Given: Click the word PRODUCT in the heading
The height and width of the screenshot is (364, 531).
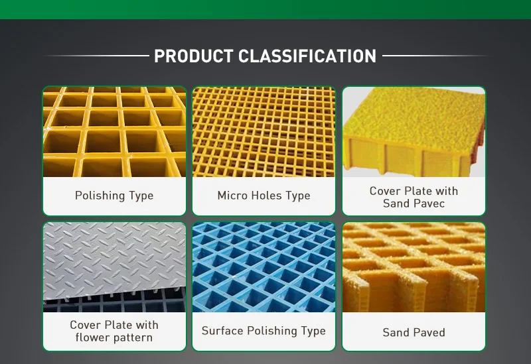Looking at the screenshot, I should coord(193,56).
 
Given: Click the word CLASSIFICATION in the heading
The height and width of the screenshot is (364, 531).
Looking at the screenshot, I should coord(307,56).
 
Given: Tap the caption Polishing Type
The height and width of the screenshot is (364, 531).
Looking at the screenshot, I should coord(114,196).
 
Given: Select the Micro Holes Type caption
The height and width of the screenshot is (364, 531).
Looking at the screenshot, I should coord(264,196).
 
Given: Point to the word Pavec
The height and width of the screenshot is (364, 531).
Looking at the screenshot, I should coord(427,204).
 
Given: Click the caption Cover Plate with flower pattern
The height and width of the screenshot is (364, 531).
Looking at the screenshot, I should coord(114,331).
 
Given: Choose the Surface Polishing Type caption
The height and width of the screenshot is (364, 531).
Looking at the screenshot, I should coord(264,331).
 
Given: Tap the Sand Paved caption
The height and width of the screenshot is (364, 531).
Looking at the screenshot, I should coord(414,332).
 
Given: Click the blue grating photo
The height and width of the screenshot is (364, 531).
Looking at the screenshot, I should coord(264,267).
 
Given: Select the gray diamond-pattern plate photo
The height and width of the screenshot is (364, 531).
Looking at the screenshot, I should coord(114,267).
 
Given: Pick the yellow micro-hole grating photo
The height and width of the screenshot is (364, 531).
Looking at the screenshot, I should coord(264,132).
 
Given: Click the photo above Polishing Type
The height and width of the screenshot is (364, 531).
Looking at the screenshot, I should coord(114,132).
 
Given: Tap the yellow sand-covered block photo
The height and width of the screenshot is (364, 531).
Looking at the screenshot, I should coord(414,132).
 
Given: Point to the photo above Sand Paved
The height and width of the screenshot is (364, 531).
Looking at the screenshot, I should coord(414,267).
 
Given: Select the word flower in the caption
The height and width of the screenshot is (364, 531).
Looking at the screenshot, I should coord(94,337).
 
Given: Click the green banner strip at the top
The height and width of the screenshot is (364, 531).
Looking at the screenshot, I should coord(265,9).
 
